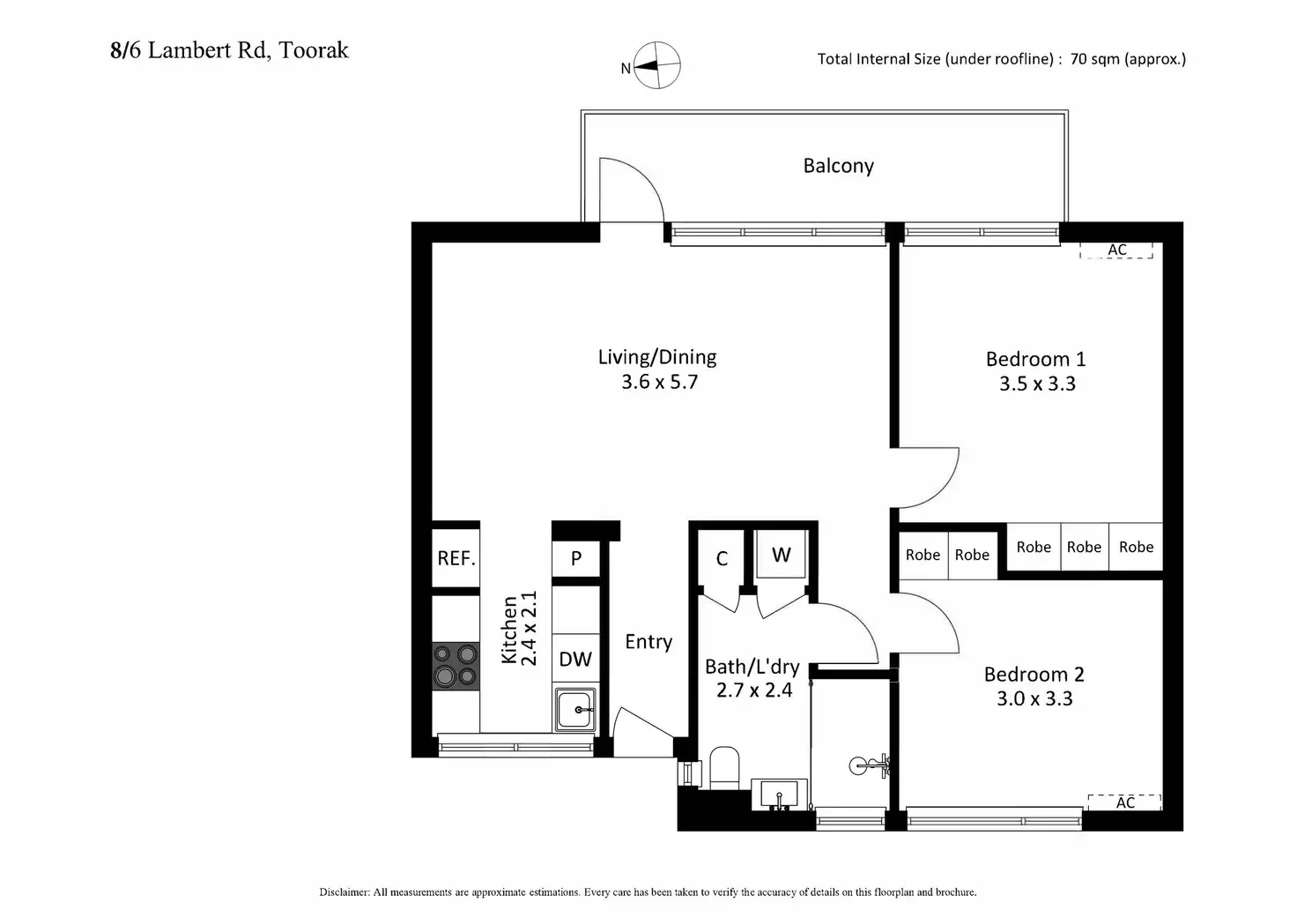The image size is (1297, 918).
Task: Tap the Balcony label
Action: (x=838, y=166)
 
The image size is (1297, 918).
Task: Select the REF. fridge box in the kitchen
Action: (x=456, y=558)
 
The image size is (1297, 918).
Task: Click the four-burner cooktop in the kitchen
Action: (x=456, y=666)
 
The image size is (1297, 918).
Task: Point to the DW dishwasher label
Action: (x=575, y=659)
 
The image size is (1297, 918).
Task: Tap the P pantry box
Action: (x=576, y=558)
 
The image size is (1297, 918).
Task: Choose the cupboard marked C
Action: (x=722, y=559)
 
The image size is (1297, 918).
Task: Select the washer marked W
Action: (x=782, y=555)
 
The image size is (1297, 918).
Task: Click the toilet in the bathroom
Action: (x=724, y=767)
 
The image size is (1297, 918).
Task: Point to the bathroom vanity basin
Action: (x=779, y=794)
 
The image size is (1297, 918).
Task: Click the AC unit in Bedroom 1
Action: (x=1116, y=250)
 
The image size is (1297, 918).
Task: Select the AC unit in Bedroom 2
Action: (x=1124, y=802)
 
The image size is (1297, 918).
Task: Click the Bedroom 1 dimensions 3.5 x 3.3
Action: (x=1037, y=384)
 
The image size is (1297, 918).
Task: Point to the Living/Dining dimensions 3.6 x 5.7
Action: (x=659, y=382)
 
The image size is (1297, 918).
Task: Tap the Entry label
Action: (x=648, y=642)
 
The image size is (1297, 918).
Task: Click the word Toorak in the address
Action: (x=315, y=50)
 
